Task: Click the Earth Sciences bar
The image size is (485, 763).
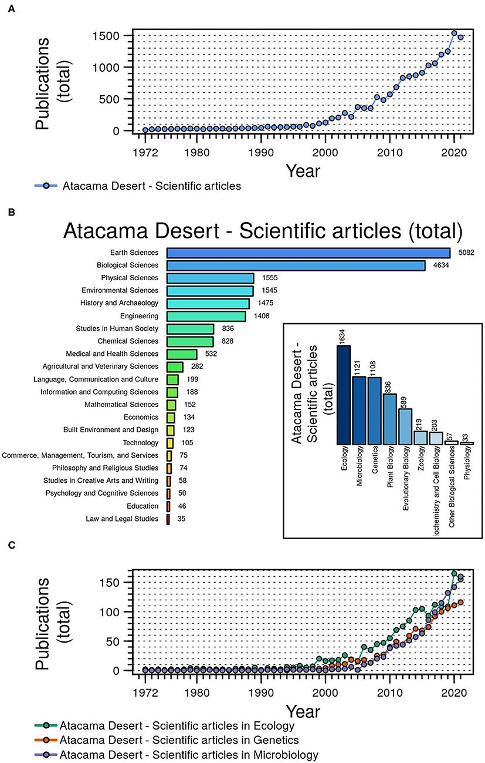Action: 308,253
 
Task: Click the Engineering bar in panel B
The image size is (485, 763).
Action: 206,316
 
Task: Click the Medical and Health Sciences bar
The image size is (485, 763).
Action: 182,354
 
